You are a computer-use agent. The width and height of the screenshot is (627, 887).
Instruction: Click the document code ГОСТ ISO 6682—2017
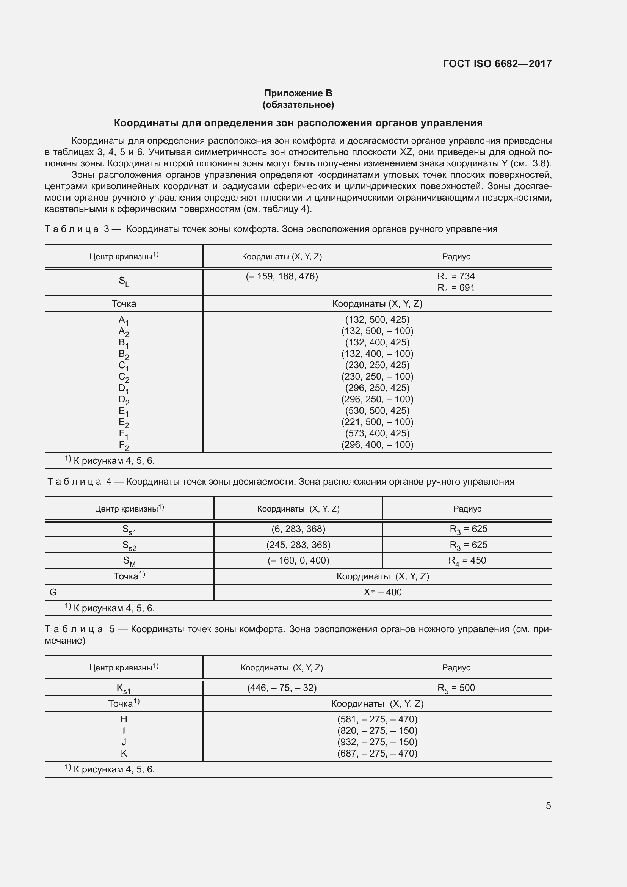click(497, 64)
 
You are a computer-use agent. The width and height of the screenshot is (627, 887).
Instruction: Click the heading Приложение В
click(298, 93)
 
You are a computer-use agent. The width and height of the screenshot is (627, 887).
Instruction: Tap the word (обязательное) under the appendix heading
click(298, 105)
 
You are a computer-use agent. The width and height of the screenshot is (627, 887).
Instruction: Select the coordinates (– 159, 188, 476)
click(281, 276)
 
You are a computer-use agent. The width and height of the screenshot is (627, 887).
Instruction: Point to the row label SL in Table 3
click(124, 282)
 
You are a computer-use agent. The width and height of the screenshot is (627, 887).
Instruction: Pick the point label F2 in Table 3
click(124, 446)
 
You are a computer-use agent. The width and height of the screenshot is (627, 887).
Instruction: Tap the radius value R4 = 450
click(467, 560)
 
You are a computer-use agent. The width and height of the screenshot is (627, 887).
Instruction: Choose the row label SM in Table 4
click(129, 561)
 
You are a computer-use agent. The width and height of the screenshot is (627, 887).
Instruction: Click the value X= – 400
click(382, 592)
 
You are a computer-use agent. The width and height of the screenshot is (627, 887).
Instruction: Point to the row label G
click(53, 592)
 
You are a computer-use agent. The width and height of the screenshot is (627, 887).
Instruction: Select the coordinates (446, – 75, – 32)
click(281, 688)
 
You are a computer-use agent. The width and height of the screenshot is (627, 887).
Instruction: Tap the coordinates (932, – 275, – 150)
click(377, 742)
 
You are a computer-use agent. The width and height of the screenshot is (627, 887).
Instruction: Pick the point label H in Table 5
click(124, 719)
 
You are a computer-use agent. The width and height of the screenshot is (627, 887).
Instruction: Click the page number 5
click(548, 806)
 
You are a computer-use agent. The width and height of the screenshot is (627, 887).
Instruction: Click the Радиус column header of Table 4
click(467, 509)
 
